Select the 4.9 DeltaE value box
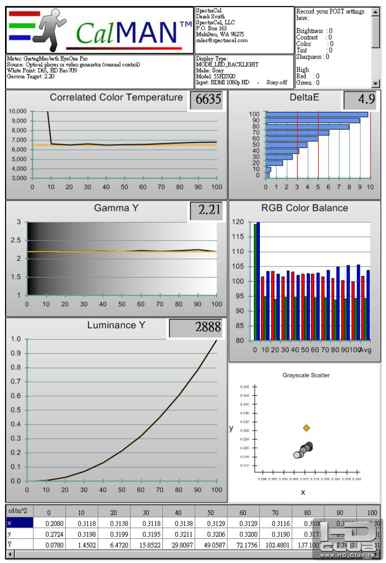pyautogui.click(x=360, y=100)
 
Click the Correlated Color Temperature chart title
pyautogui.click(x=116, y=98)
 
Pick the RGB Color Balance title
pyautogui.click(x=305, y=208)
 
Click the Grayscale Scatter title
pyautogui.click(x=306, y=375)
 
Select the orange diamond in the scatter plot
pyautogui.click(x=307, y=428)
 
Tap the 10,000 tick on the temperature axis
pyautogui.click(x=18, y=111)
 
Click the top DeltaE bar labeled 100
pyautogui.click(x=317, y=114)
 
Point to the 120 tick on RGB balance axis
pyautogui.click(x=238, y=222)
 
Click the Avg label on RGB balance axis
pyautogui.click(x=365, y=350)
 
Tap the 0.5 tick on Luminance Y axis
pyautogui.click(x=16, y=410)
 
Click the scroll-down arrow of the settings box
pyautogui.click(x=375, y=84)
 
